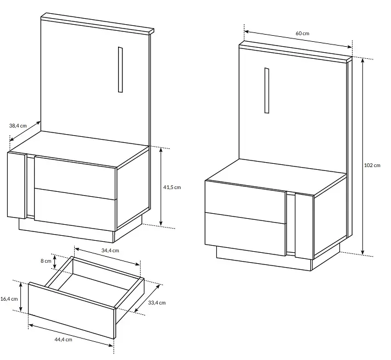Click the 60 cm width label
302,33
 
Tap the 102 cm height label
372,165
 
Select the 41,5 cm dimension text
172,187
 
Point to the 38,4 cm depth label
18,125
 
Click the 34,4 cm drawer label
110,251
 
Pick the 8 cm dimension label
46,261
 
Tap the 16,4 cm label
9,298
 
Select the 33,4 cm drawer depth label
157,303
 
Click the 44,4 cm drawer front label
63,339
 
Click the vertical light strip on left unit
120,69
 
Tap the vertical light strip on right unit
267,90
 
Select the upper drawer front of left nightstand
75,178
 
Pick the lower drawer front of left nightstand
75,210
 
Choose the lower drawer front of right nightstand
245,234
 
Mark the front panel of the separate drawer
72,311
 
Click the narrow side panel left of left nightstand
16,185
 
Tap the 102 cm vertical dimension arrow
363,157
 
